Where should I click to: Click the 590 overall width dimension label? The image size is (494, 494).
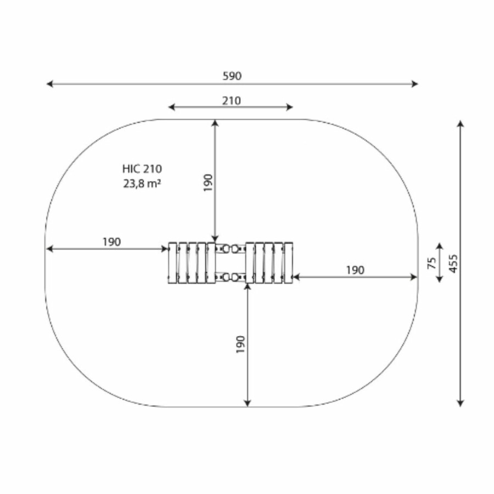pyautogui.click(x=232, y=76)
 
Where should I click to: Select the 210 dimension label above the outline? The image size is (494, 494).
pyautogui.click(x=232, y=101)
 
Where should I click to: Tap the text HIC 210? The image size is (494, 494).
pyautogui.click(x=142, y=169)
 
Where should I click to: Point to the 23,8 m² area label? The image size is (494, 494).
pyautogui.click(x=142, y=183)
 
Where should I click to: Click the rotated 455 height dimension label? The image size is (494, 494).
pyautogui.click(x=453, y=263)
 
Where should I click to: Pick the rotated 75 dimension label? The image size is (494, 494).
pyautogui.click(x=432, y=263)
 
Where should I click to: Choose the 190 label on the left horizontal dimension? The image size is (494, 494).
pyautogui.click(x=111, y=242)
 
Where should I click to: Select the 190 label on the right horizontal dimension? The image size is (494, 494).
pyautogui.click(x=355, y=270)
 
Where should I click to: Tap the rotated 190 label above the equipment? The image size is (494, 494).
pyautogui.click(x=208, y=183)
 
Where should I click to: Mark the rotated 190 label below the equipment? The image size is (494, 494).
pyautogui.click(x=240, y=344)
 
